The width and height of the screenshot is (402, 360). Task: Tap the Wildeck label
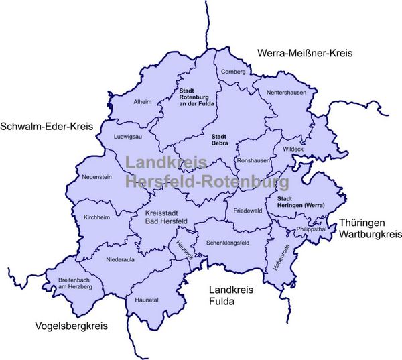coord(293,149)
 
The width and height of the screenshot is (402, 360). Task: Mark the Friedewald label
coord(247,211)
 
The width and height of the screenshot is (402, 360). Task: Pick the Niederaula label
coord(121,257)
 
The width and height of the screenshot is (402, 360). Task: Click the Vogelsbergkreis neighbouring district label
coord(71,326)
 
